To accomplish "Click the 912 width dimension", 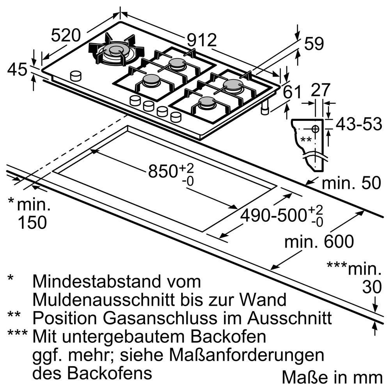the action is [202, 40].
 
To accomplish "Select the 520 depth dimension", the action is [66, 35].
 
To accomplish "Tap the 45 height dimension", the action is [17, 69].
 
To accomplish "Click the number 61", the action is [292, 92].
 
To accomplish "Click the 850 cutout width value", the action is [163, 171].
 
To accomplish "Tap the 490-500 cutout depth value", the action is [273, 215].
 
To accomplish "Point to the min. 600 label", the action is [319, 241].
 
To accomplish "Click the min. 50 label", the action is [351, 183].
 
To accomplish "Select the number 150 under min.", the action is [32, 222].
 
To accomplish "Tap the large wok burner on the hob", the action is [116, 52].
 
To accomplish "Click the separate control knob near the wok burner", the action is [76, 76].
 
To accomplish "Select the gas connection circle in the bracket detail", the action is [315, 129].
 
